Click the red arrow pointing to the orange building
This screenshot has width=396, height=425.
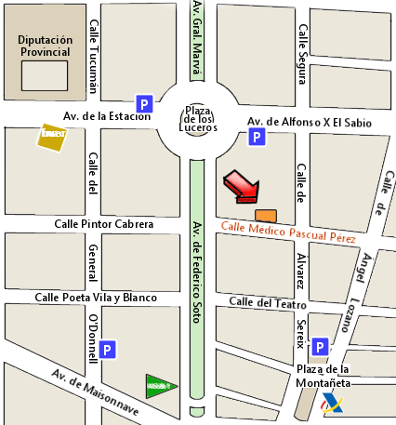pyautogui.click(x=243, y=185)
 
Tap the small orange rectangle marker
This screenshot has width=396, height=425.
pyautogui.click(x=266, y=216)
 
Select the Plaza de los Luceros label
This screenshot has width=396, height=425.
pyautogui.click(x=197, y=118)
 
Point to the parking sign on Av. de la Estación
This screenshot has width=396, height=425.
pyautogui.click(x=144, y=103)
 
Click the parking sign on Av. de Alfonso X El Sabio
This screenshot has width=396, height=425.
pyautogui.click(x=257, y=139)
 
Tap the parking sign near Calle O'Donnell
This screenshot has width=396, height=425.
pyautogui.click(x=108, y=351)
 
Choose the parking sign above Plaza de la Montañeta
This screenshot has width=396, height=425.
pyautogui.click(x=319, y=348)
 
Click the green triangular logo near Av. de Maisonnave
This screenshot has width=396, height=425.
pyautogui.click(x=159, y=384)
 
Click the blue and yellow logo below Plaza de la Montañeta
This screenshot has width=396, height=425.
pyautogui.click(x=331, y=405)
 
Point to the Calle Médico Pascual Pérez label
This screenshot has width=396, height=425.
pyautogui.click(x=288, y=232)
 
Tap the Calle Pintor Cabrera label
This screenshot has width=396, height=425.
pyautogui.click(x=103, y=224)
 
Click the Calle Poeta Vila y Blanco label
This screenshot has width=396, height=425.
pyautogui.click(x=96, y=298)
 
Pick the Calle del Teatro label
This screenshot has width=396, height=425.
pyautogui.click(x=268, y=303)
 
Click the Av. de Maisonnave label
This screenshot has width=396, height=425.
pyautogui.click(x=95, y=393)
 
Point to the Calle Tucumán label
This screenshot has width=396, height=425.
pyautogui.click(x=92, y=58)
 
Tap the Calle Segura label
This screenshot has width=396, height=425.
pyautogui.click(x=301, y=47)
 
